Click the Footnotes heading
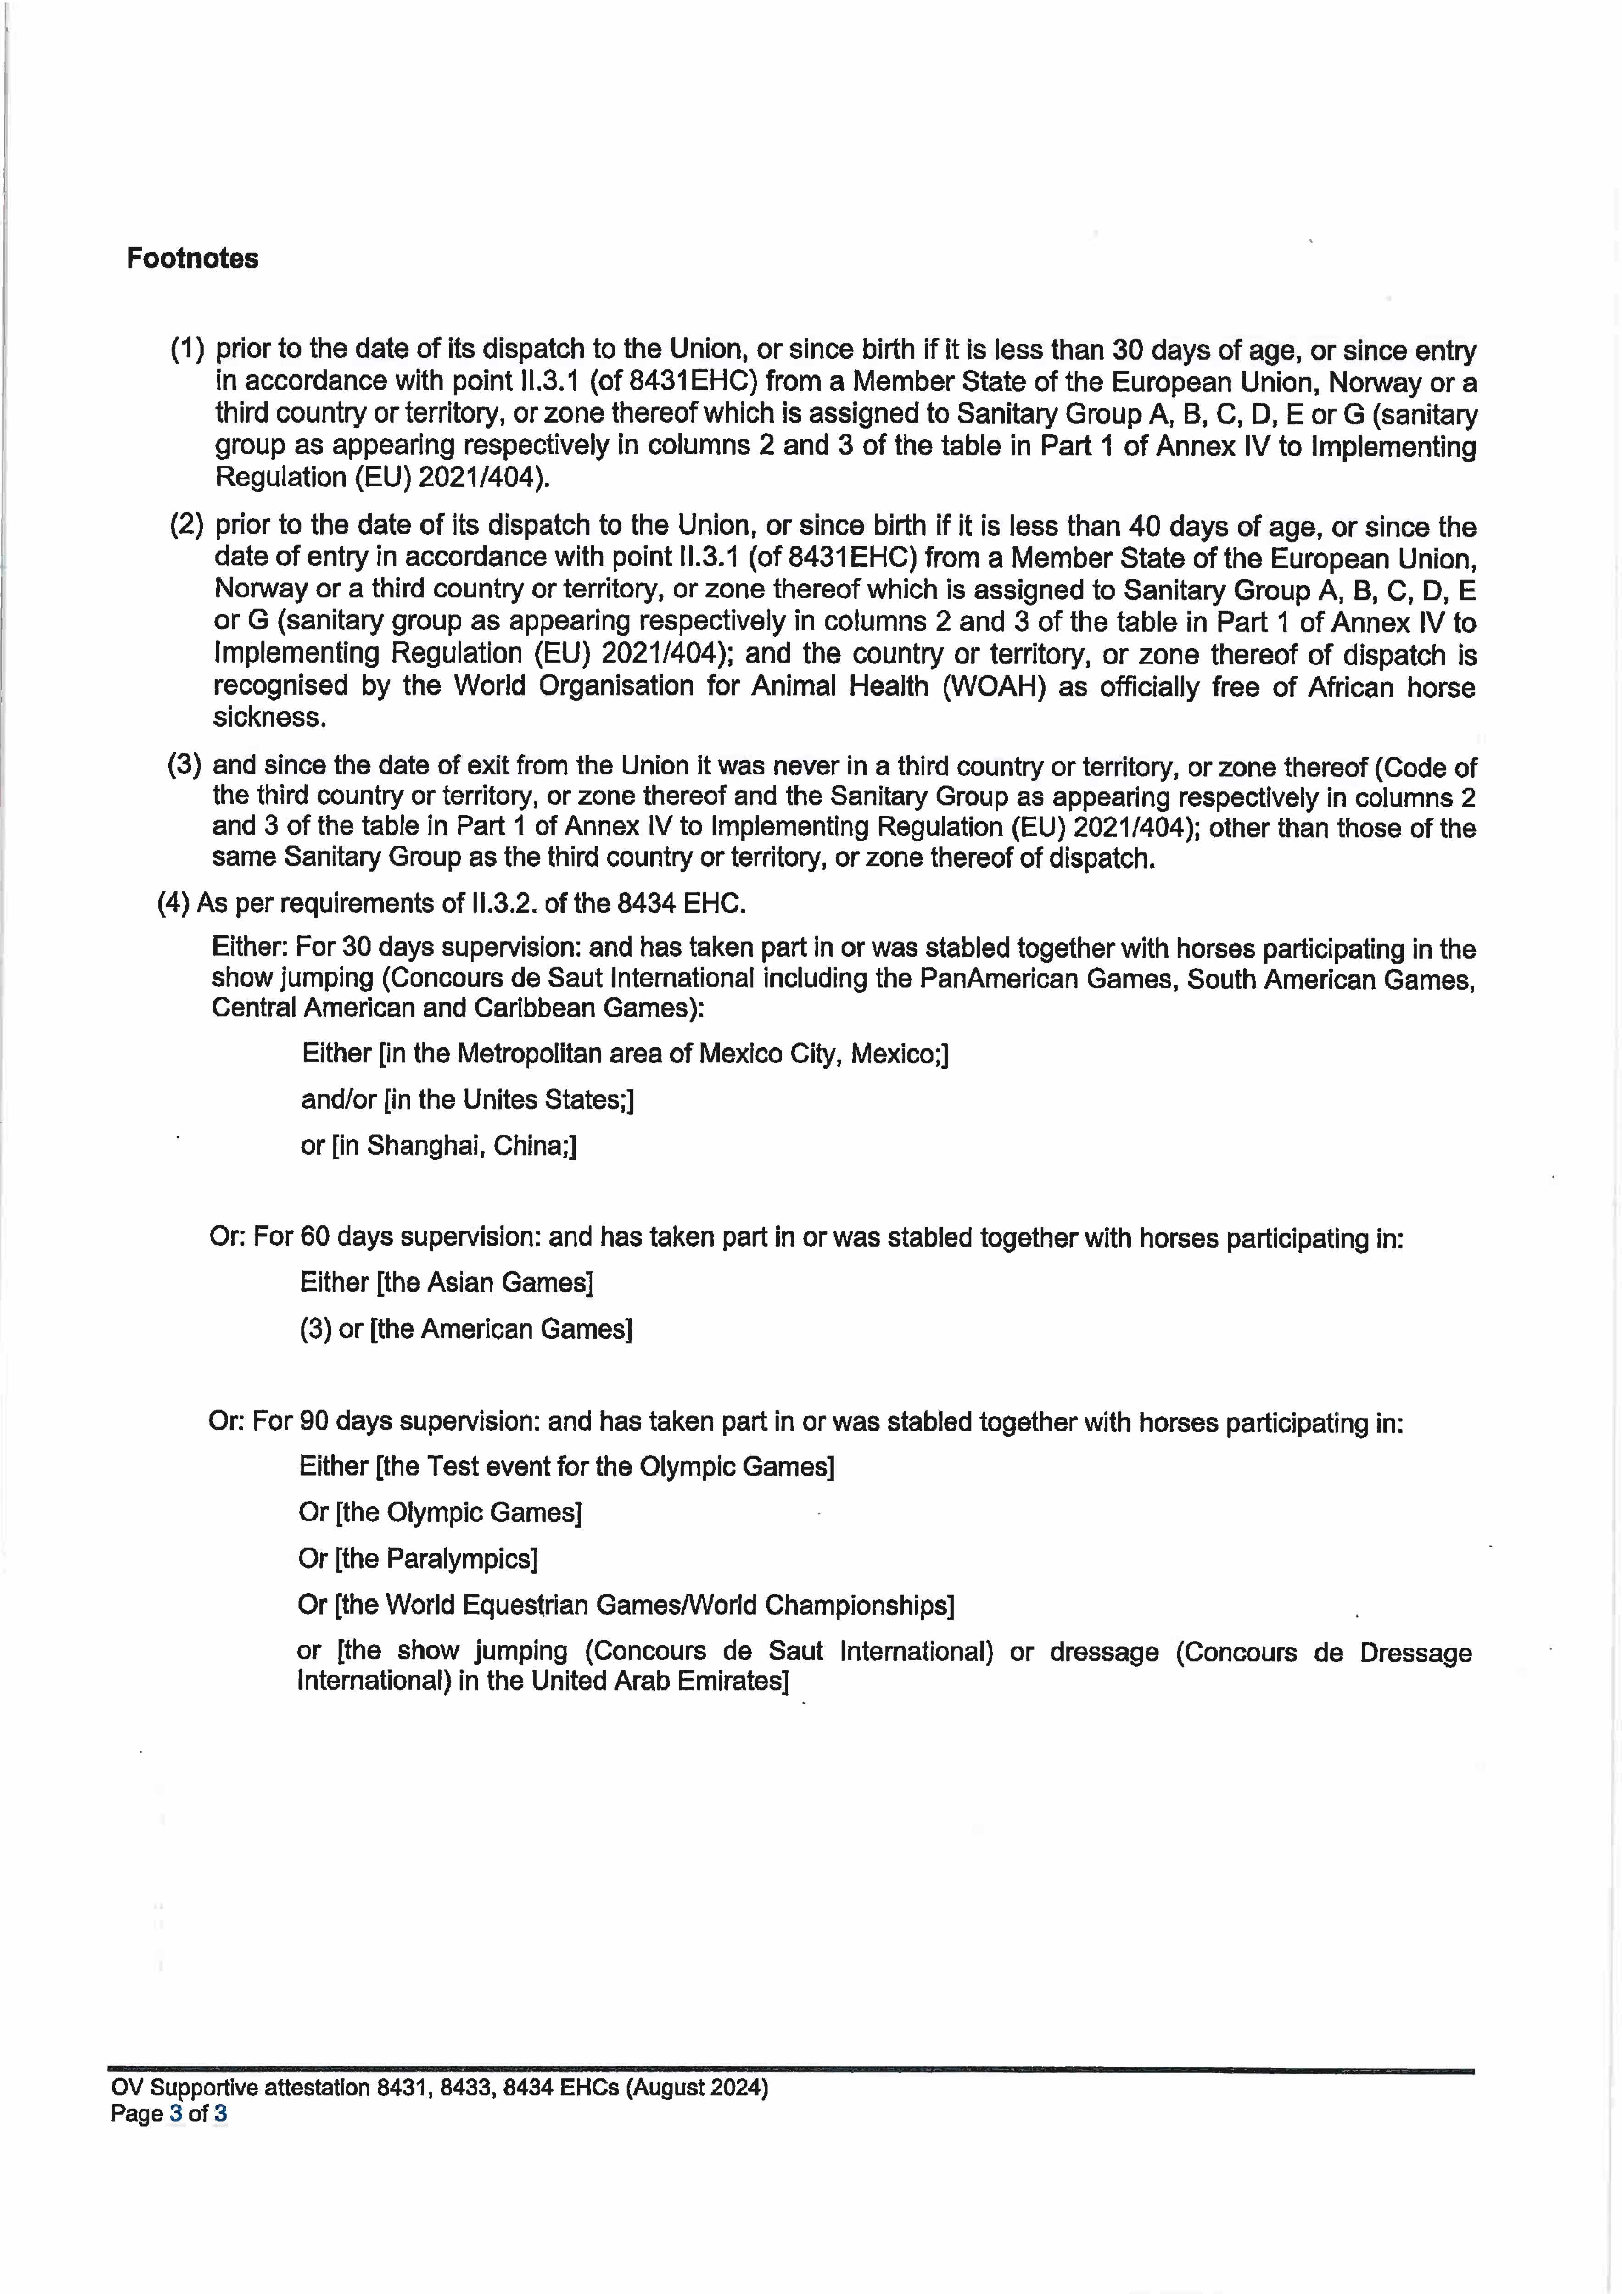(x=192, y=259)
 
